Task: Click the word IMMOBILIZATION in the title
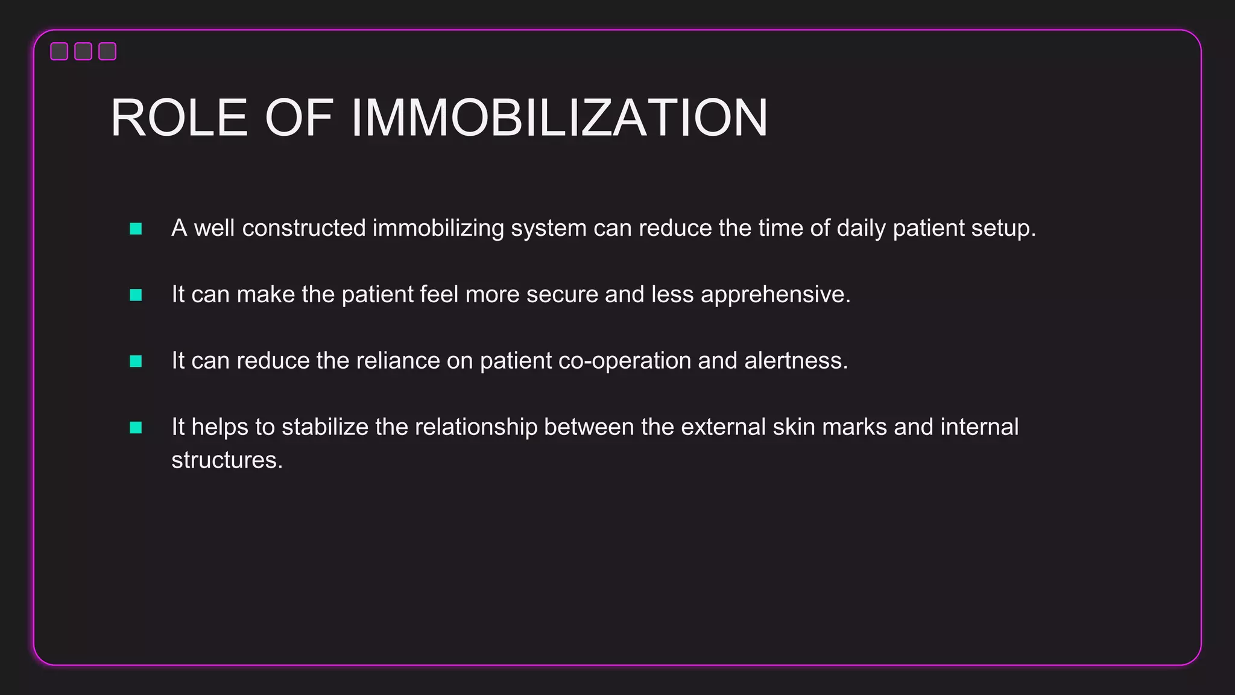(x=559, y=118)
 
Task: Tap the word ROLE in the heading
(x=179, y=118)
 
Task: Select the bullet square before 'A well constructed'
(x=136, y=229)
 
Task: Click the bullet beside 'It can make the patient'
(x=136, y=295)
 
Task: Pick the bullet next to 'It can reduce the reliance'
(x=136, y=361)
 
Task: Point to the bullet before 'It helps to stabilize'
(x=136, y=428)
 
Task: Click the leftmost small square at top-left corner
(x=59, y=51)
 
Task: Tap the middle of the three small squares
(x=83, y=51)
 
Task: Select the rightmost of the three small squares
(x=107, y=51)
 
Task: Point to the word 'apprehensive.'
(x=775, y=295)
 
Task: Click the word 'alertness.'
(x=796, y=361)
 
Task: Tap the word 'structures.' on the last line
(x=227, y=460)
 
